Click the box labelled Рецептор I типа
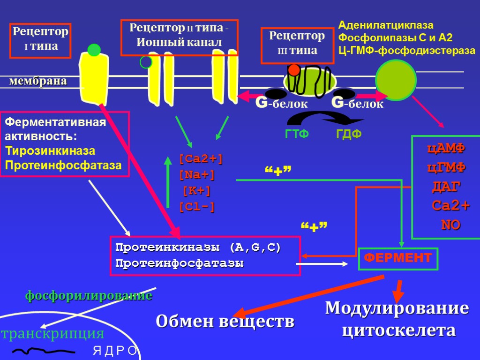click(x=40, y=40)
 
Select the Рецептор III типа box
click(x=297, y=43)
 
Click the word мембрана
click(x=38, y=81)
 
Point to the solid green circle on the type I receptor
click(x=94, y=50)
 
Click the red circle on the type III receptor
click(x=294, y=70)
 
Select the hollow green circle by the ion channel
click(x=146, y=62)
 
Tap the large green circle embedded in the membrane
click(x=396, y=80)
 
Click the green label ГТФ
click(x=297, y=135)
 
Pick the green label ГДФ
click(x=349, y=135)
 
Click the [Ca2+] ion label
click(x=201, y=159)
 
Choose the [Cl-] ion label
click(x=197, y=207)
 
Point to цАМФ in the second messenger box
click(x=446, y=149)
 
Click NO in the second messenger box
click(x=450, y=225)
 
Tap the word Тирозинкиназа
click(x=50, y=151)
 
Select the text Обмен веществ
click(x=225, y=322)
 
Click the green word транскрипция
click(x=52, y=334)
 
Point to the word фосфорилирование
click(x=88, y=296)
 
